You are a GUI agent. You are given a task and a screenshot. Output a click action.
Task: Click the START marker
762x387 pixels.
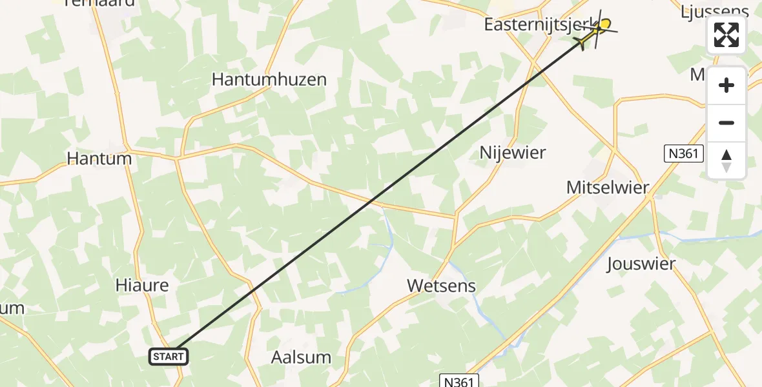[169, 356]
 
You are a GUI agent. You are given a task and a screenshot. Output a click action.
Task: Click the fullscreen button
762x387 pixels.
[726, 35]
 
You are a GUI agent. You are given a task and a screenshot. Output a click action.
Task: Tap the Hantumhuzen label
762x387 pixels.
[269, 80]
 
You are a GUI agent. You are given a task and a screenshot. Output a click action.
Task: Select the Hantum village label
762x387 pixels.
[99, 159]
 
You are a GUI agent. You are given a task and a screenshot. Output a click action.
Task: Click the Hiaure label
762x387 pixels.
[141, 285]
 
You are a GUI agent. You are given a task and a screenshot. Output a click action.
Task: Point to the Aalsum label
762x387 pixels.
[301, 357]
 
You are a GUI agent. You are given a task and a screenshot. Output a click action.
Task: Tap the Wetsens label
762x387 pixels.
[441, 286]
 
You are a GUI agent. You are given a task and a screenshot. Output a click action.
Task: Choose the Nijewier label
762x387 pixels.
[513, 153]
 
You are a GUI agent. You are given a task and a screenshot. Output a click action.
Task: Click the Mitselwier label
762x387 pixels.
[607, 188]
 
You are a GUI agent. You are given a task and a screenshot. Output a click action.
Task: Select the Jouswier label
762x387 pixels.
[641, 264]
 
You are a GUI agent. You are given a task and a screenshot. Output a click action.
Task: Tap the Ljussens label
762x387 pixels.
[715, 11]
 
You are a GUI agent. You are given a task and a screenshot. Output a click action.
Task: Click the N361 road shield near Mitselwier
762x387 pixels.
[684, 154]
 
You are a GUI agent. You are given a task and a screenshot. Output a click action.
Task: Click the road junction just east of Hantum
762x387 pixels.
[178, 157]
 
